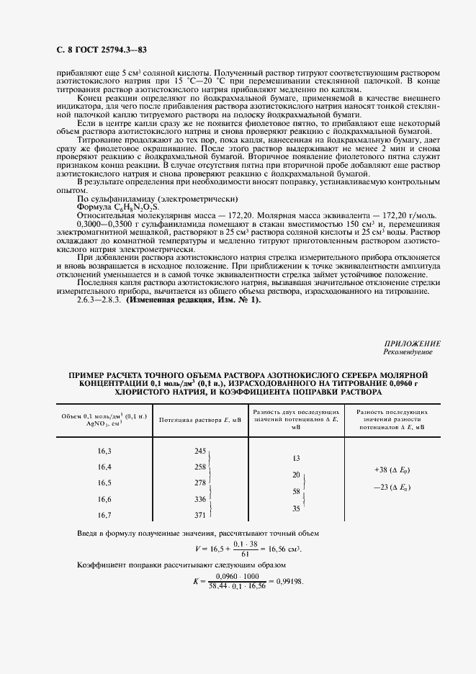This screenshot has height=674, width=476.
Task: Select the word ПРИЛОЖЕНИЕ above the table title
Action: (x=413, y=344)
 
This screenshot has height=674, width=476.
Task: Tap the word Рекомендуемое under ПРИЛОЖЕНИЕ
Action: (x=412, y=353)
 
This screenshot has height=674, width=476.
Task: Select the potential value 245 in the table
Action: (x=200, y=450)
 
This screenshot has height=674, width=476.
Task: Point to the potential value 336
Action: (x=200, y=499)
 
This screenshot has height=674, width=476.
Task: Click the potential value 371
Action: (x=200, y=515)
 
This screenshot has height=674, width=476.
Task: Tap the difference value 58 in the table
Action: (x=295, y=491)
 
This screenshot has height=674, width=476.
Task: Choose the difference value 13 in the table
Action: (x=296, y=458)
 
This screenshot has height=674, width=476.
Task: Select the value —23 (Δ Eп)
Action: (x=392, y=487)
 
